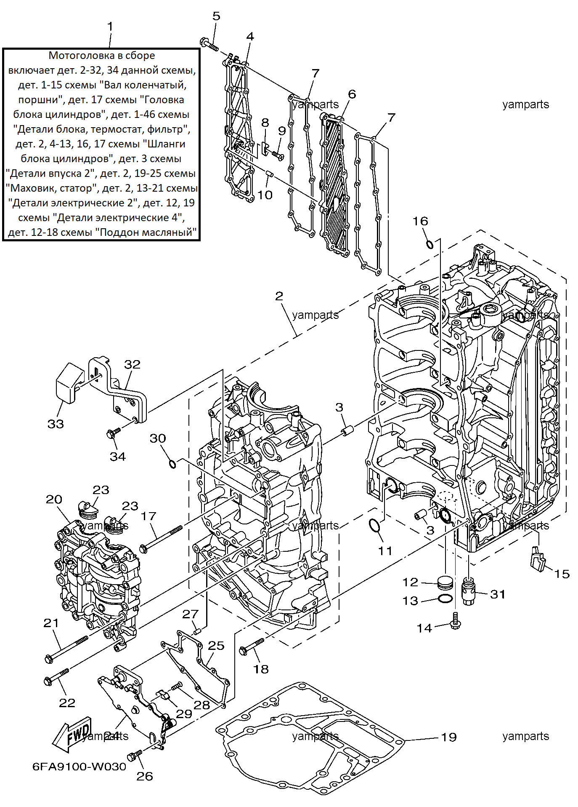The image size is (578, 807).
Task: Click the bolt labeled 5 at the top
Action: point(209,44)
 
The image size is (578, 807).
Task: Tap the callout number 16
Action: point(420,221)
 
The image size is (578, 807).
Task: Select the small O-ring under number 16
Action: point(430,244)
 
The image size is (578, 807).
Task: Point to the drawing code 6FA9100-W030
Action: point(80,767)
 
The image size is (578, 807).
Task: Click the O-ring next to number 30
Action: point(172,464)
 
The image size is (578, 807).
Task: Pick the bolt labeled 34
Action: point(114,432)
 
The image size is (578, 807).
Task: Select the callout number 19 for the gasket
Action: point(448,737)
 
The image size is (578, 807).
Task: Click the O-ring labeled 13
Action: point(445,599)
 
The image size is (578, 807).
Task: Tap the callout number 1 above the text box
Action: point(110,27)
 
